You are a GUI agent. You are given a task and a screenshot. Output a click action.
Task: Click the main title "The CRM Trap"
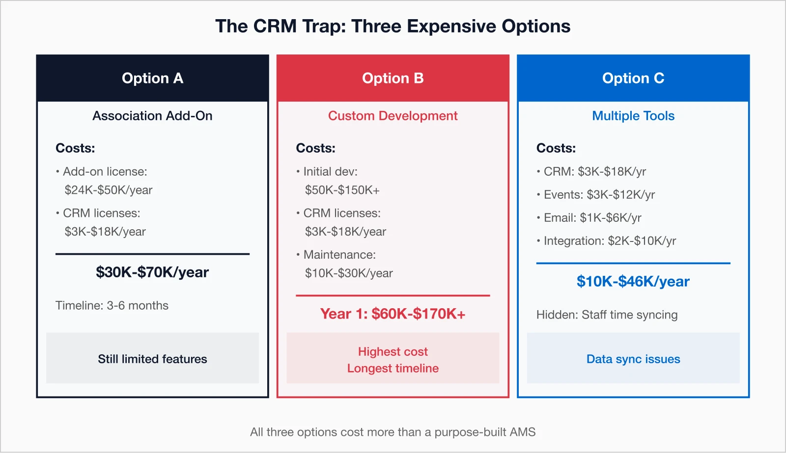[393, 26]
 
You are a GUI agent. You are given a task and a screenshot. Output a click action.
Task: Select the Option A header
[152, 78]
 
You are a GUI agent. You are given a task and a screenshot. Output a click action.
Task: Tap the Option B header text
[393, 78]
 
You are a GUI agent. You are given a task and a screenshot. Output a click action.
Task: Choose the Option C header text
[633, 78]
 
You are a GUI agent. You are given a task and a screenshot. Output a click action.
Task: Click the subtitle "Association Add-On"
[152, 116]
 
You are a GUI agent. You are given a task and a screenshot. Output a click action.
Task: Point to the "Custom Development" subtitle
[393, 116]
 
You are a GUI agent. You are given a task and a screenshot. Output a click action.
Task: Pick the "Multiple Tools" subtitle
[633, 116]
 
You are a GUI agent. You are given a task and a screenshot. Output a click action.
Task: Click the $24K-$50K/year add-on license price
[109, 190]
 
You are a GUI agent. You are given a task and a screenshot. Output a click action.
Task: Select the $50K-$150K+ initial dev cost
[342, 190]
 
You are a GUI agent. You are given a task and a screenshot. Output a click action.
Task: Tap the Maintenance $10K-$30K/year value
[349, 273]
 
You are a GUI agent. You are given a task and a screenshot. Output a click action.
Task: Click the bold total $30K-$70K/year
[152, 272]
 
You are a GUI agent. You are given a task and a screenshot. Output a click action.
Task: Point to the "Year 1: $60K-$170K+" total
[393, 314]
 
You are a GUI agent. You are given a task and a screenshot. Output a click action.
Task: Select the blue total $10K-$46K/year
[633, 281]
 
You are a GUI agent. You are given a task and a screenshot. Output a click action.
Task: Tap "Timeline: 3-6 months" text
[112, 305]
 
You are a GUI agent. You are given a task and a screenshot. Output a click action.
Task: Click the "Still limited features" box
[152, 358]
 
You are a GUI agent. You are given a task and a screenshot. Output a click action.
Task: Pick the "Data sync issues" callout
[633, 358]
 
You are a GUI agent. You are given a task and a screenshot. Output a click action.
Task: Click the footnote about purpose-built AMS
[393, 432]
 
